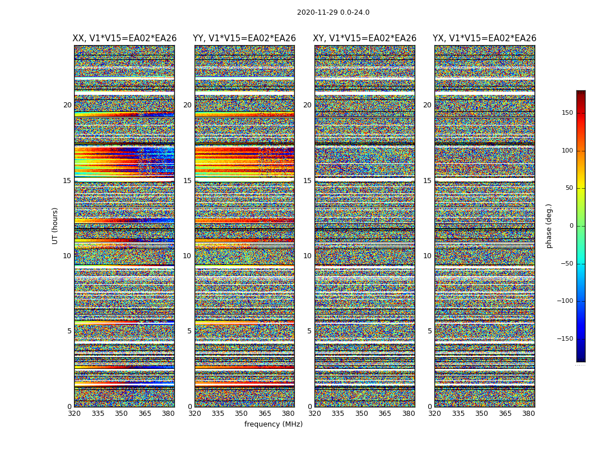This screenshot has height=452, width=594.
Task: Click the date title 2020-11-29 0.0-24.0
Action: tap(333, 12)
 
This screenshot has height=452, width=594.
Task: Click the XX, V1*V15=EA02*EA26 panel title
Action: tap(124, 38)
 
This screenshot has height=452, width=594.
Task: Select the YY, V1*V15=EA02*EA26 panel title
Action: tap(244, 38)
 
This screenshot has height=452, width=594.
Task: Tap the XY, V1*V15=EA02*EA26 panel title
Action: tap(365, 38)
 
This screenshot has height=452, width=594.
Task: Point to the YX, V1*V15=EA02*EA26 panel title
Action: tap(484, 38)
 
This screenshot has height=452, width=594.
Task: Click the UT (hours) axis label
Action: tap(55, 225)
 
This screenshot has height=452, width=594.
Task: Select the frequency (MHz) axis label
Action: tap(273, 424)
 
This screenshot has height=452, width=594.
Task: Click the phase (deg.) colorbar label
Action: tap(549, 225)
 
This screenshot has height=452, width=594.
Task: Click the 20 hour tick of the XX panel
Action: tap(67, 105)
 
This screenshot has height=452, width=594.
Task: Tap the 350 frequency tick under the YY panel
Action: tap(242, 414)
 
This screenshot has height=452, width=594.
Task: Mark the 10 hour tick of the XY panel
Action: tap(307, 256)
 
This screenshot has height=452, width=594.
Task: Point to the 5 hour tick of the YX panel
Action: tap(429, 331)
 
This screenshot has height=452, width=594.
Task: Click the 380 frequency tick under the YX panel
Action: tap(528, 414)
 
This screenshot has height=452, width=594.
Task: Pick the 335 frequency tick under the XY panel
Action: tap(338, 414)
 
